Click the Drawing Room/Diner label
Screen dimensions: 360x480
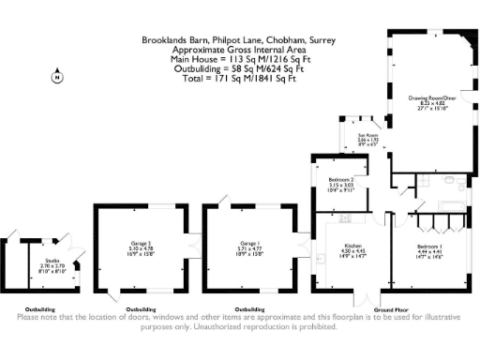click(x=432, y=97)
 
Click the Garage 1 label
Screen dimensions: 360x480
click(x=248, y=243)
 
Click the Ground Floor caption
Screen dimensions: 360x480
click(x=392, y=308)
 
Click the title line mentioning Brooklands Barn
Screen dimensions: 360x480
click(x=239, y=40)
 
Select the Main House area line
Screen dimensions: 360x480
click(x=239, y=59)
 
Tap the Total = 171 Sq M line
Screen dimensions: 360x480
click(x=239, y=78)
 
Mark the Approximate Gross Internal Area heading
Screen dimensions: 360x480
click(x=239, y=50)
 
